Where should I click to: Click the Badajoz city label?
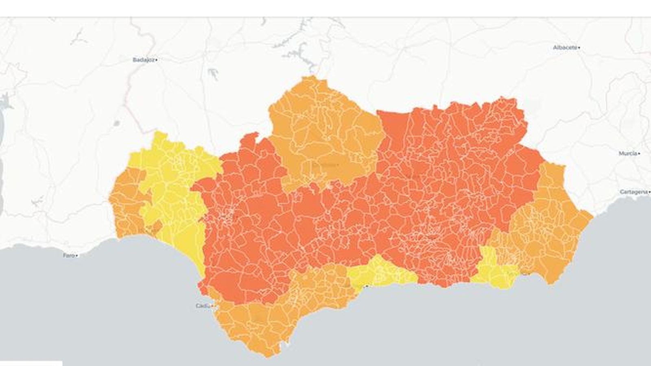144,60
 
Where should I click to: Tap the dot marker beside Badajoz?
157,60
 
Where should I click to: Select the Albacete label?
565,48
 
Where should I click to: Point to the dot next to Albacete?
579,48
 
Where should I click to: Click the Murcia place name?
627,153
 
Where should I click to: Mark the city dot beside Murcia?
639,153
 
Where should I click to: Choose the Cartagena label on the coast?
633,192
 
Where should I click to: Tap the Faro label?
68,255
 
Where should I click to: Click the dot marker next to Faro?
76,255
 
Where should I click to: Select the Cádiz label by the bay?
203,306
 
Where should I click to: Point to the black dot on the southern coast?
367,286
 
